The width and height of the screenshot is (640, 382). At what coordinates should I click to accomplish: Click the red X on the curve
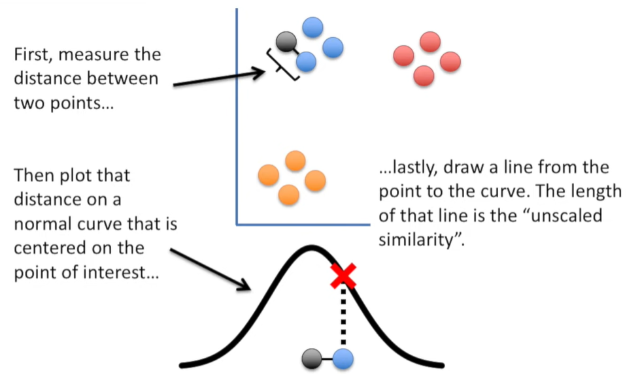click(x=343, y=276)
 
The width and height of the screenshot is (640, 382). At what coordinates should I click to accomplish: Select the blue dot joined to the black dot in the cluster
click(x=306, y=62)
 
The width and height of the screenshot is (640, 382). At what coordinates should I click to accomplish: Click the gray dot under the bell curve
click(x=312, y=358)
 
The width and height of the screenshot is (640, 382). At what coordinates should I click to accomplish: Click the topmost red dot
click(x=429, y=42)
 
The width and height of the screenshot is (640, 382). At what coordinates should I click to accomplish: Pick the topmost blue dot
click(x=313, y=27)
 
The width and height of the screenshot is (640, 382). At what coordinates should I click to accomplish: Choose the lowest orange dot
click(x=288, y=194)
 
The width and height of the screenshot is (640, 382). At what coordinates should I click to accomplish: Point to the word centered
click(x=47, y=249)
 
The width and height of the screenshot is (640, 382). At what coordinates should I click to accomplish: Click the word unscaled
click(x=568, y=215)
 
